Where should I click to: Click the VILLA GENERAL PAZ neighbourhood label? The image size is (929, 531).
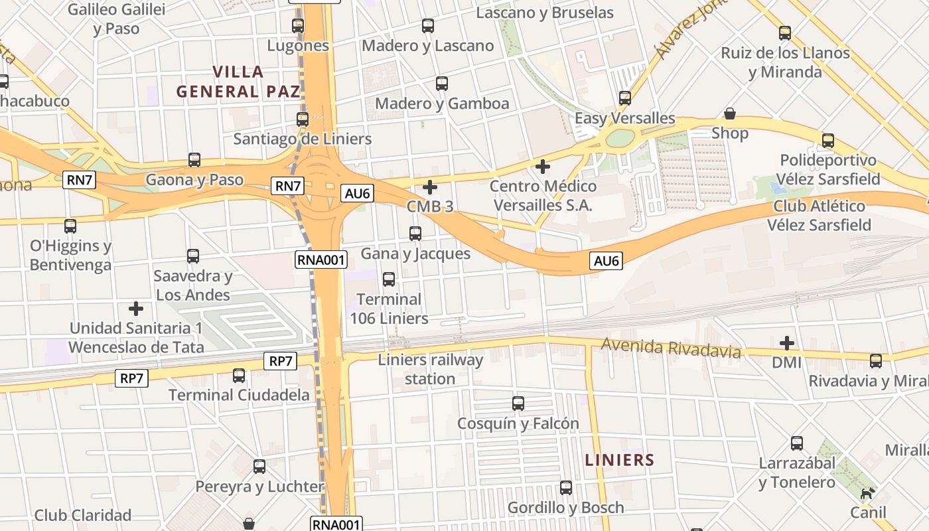tap(238, 82)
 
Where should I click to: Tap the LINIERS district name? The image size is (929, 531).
tap(620, 460)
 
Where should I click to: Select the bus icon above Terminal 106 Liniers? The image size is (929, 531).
tap(389, 279)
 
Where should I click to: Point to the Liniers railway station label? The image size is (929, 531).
tap(430, 370)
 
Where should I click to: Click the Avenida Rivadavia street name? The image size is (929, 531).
tap(671, 347)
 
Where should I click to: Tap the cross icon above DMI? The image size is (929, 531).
tap(787, 343)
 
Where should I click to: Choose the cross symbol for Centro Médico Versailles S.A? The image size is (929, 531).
tap(543, 166)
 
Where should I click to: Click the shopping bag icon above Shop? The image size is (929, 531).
tap(730, 114)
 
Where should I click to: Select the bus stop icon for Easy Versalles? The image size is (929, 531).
tap(625, 98)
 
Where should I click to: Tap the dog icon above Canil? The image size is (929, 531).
tap(867, 493)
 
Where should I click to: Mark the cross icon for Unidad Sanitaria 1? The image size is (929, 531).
tap(136, 309)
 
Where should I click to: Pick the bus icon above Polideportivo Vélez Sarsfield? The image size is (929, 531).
tap(828, 141)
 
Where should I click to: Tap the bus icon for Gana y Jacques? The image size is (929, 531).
tap(415, 234)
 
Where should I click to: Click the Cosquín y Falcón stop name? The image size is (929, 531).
tap(518, 423)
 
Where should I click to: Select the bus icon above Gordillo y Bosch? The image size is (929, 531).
tap(566, 488)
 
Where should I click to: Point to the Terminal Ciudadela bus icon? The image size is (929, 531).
tap(239, 376)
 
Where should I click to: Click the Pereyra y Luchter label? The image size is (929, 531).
tap(259, 487)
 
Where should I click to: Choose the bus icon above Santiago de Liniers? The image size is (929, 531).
tap(303, 119)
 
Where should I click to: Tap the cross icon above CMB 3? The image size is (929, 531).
tap(430, 187)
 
